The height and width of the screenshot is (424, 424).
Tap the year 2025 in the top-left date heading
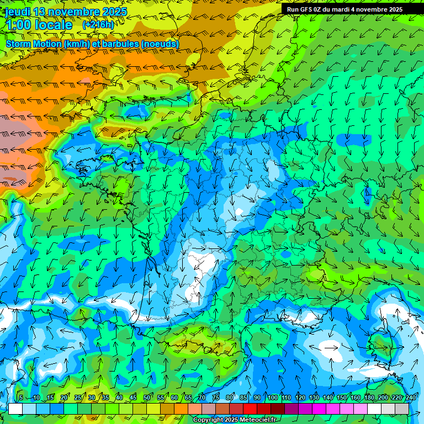coord(114,12)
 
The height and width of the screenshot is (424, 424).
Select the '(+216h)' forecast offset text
coord(98,24)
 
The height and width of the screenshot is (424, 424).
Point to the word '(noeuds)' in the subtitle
coord(160,44)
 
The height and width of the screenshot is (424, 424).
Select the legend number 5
coord(20,397)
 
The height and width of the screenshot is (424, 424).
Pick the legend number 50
coord(147,397)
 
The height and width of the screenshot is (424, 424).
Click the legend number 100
coord(272,397)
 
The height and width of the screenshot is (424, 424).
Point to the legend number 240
coord(411,397)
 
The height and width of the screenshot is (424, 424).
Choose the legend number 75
coord(216,397)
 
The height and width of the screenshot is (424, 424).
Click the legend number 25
coord(78,397)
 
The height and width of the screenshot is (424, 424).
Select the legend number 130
coord(314,397)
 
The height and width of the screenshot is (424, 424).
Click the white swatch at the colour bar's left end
coord(15,409)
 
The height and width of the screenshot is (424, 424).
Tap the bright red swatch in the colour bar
coord(250,409)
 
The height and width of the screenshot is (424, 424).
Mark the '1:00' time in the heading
coord(18,25)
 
